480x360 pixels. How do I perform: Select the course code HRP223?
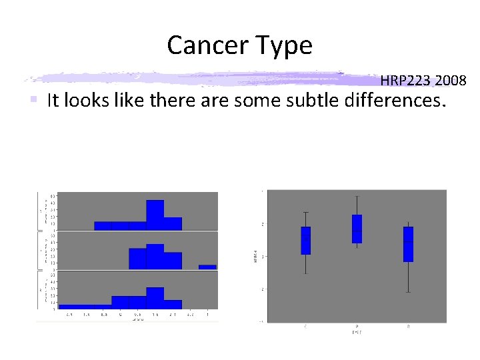(406, 81)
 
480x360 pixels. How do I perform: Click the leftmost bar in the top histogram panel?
(103, 225)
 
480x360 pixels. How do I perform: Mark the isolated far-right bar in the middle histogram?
(207, 267)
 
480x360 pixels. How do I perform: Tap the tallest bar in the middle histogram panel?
(155, 257)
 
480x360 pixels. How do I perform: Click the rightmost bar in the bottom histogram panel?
(173, 304)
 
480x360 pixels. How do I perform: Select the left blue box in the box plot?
(305, 241)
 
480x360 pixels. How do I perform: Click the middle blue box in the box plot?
(357, 229)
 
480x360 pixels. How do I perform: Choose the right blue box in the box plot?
(408, 244)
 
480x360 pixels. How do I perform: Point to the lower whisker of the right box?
(408, 277)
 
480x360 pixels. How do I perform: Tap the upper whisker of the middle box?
(357, 205)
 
